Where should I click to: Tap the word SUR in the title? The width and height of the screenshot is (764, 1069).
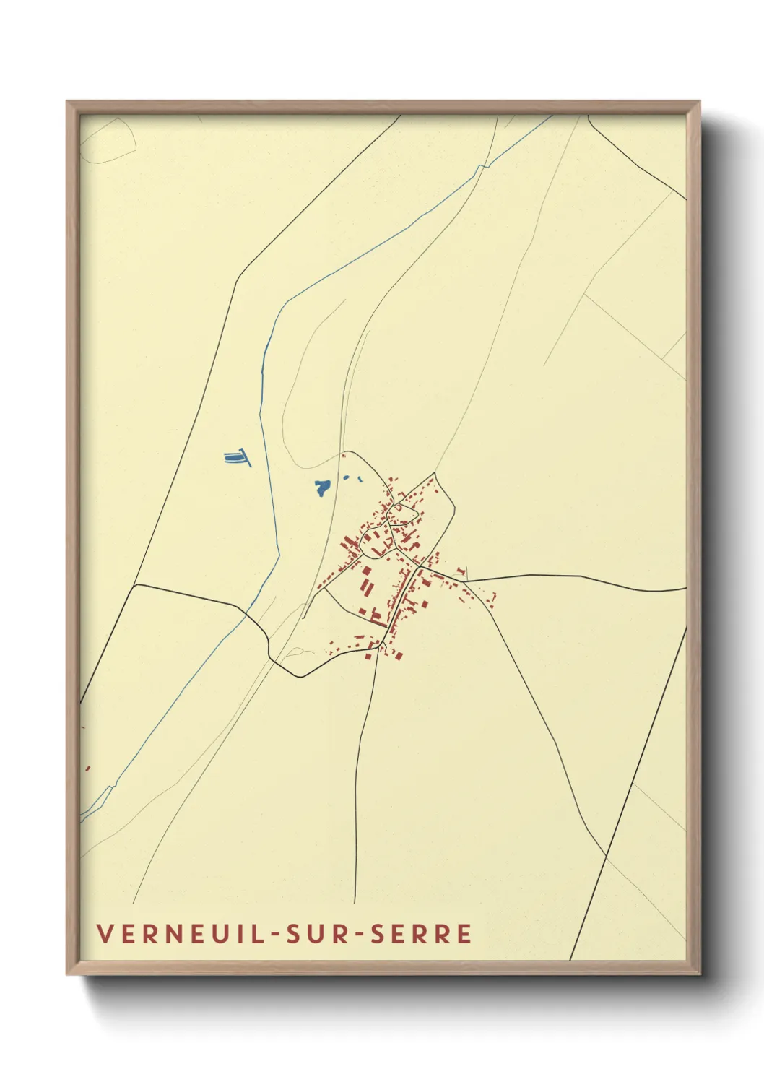(x=318, y=933)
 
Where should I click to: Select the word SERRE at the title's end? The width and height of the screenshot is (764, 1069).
(x=422, y=933)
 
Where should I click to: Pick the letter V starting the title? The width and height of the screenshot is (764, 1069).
(x=105, y=933)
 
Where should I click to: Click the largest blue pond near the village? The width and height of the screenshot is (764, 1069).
(x=322, y=487)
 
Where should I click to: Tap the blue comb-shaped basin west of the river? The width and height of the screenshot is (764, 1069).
(x=236, y=457)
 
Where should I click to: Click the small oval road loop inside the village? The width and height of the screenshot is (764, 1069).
(x=402, y=514)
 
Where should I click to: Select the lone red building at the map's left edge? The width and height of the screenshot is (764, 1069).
(x=87, y=769)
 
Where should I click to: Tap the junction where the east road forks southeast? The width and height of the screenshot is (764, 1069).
(x=463, y=581)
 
